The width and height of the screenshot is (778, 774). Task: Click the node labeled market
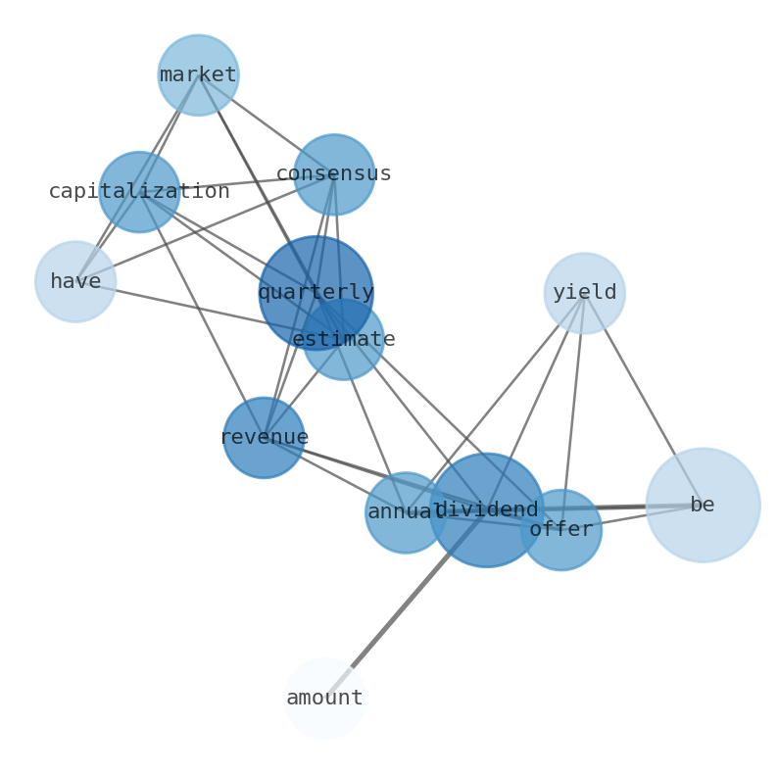tap(198, 74)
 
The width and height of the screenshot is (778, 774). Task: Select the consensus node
tap(334, 174)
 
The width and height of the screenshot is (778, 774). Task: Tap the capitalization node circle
tap(139, 192)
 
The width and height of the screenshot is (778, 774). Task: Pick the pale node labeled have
tap(75, 281)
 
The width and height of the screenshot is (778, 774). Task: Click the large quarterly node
tap(316, 292)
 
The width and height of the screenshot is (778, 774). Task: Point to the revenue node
tap(264, 437)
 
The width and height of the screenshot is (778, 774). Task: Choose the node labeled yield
tap(584, 293)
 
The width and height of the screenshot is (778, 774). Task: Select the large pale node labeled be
tap(703, 505)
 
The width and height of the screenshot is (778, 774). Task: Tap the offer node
tap(561, 530)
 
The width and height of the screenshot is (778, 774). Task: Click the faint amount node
tap(324, 699)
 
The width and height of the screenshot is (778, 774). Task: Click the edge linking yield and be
tap(643, 398)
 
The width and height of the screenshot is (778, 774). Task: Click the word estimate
tap(344, 340)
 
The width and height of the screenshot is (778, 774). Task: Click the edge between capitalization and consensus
tap(235, 183)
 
